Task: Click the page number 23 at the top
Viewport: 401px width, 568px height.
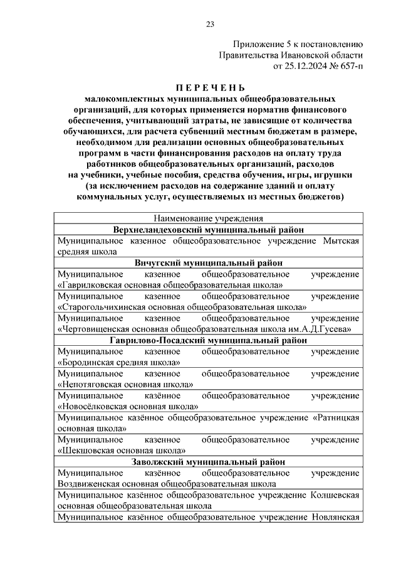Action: click(x=210, y=24)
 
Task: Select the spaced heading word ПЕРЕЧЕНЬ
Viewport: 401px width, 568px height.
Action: click(x=210, y=87)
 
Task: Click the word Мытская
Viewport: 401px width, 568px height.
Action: click(x=342, y=241)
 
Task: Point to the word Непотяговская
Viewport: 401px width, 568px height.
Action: click(x=93, y=384)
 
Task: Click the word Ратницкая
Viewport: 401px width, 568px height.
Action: click(x=337, y=417)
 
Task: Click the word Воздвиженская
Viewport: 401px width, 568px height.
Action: click(x=90, y=483)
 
